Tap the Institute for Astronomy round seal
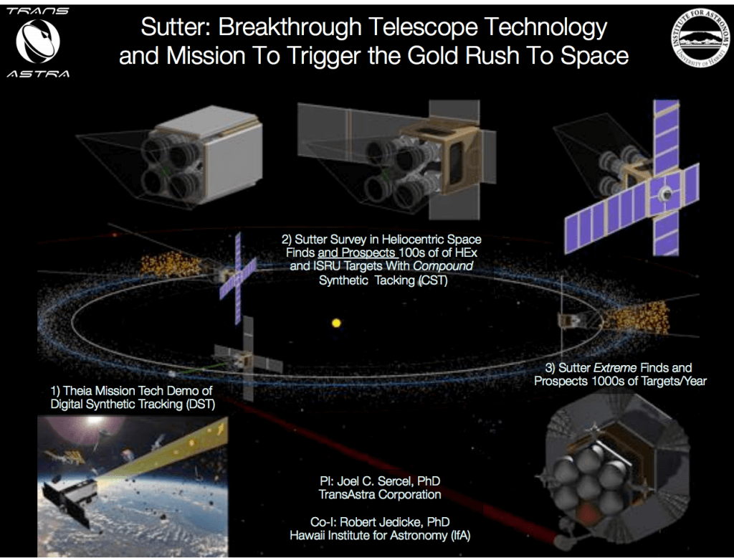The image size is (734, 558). tap(699, 40)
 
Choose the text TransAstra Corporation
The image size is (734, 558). tap(379, 494)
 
